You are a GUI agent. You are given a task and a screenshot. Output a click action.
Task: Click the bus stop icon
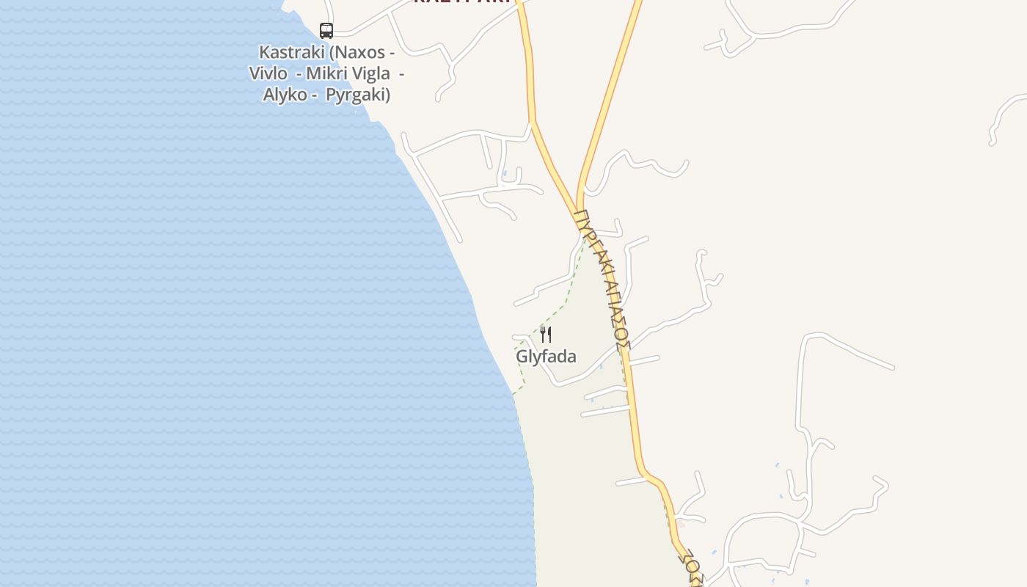pos(326,31)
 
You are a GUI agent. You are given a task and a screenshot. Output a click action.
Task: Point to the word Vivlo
pos(268,73)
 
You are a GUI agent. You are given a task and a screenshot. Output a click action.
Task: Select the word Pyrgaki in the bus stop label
pos(357,95)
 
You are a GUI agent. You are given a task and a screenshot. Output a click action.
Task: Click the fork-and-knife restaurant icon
pos(546,335)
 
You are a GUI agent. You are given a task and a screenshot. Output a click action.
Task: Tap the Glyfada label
pos(546,357)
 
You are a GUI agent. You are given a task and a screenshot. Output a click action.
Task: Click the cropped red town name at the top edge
pos(461,2)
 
